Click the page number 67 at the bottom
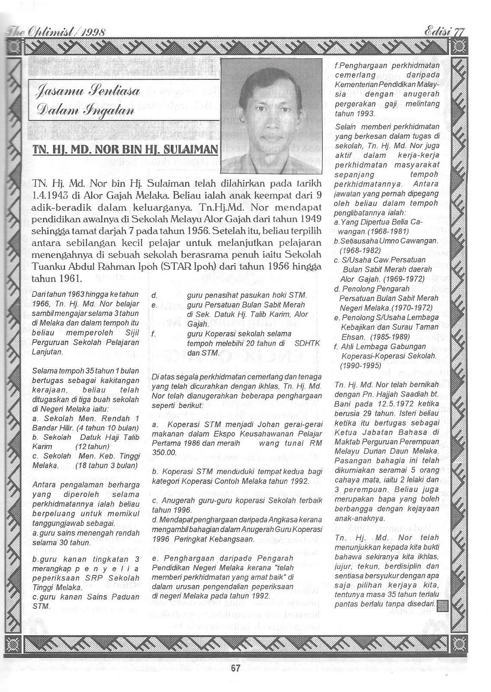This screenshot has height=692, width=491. (x=235, y=668)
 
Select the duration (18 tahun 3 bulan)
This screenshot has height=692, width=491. (x=106, y=465)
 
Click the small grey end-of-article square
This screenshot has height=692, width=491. (x=442, y=606)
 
